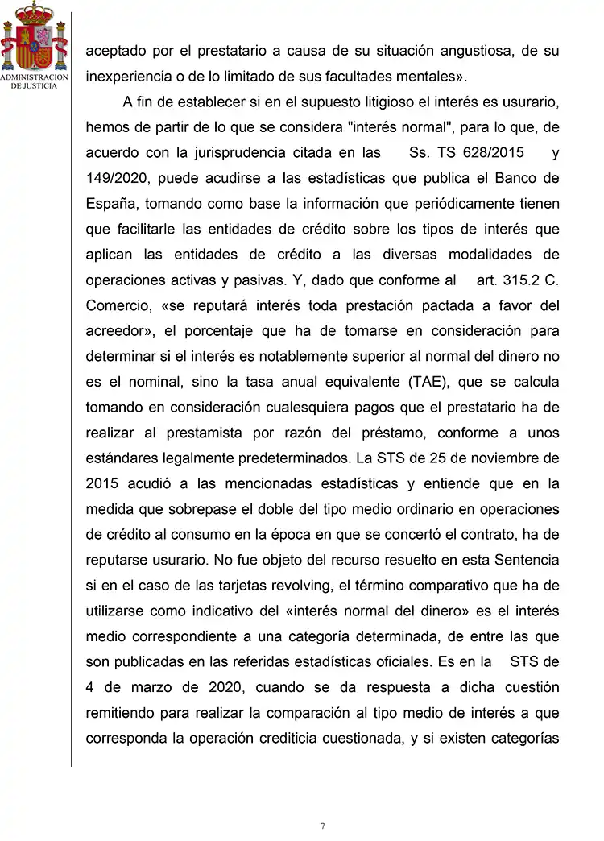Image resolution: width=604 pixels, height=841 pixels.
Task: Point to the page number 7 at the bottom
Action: tap(322, 826)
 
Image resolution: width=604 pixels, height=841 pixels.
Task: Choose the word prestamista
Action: tap(205, 433)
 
